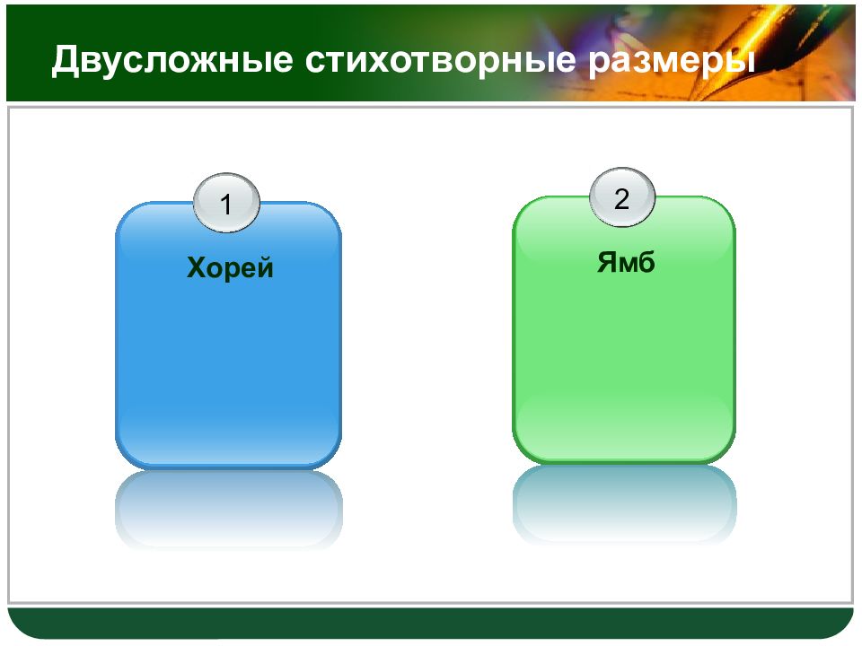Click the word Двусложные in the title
coord(172,60)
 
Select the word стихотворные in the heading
coord(440,59)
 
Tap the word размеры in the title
coord(672,62)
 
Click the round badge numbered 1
coord(226,204)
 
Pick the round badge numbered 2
coord(621,197)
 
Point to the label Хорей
coord(230,267)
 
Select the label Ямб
coord(626,262)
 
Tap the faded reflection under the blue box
coord(228,508)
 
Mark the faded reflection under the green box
coord(624,503)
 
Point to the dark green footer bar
coord(430,623)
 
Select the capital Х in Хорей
coord(197,268)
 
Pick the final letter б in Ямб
coord(646,262)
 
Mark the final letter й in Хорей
coord(264,267)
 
